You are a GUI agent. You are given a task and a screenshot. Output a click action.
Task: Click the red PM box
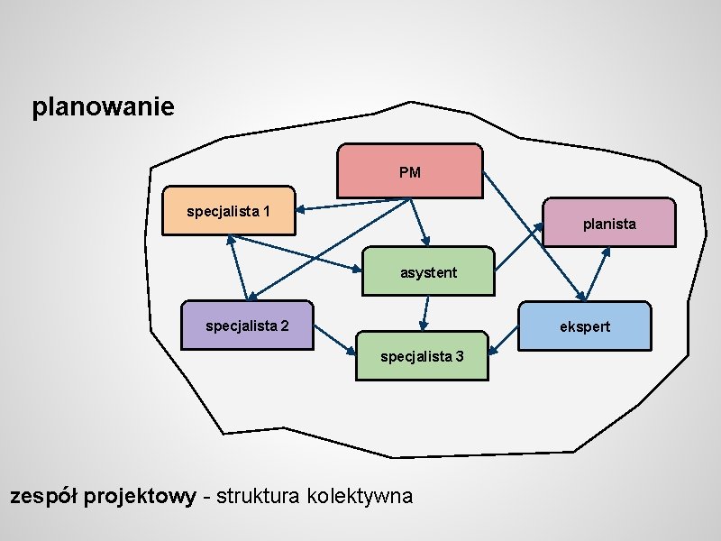tap(410, 170)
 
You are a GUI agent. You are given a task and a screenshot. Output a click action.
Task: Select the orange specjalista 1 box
tap(229, 212)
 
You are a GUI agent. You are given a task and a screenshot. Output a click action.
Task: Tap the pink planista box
tap(609, 223)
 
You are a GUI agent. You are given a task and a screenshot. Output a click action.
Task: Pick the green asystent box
tap(428, 271)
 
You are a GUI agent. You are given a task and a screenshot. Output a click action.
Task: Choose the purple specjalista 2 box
tap(247, 326)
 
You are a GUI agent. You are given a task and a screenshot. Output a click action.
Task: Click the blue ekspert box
tap(585, 326)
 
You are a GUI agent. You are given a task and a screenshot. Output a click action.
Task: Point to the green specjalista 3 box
tap(422, 355)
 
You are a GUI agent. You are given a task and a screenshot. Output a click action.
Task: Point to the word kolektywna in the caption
tap(360, 496)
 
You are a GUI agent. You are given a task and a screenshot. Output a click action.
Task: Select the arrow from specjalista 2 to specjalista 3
tap(333, 339)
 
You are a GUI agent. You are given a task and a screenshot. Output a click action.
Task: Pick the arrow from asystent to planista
tap(521, 245)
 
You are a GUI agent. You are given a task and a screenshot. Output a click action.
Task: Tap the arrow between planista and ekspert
tap(598, 274)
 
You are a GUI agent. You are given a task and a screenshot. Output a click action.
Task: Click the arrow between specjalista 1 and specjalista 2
tap(239, 267)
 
